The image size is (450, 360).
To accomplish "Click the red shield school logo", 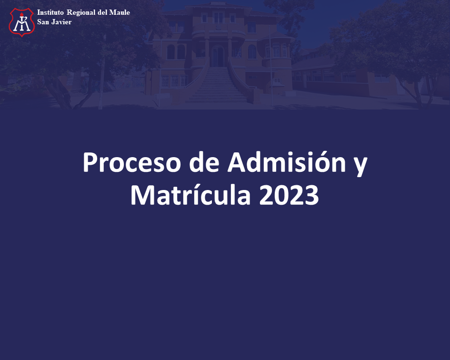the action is click(x=22, y=22).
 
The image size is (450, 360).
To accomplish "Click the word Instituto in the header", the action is click(x=50, y=12).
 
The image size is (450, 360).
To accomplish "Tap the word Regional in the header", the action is click(x=81, y=13).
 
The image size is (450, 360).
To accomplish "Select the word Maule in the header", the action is click(x=120, y=12).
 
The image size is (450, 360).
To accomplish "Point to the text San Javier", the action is click(x=54, y=22).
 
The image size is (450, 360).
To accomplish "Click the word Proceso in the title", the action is click(x=132, y=162).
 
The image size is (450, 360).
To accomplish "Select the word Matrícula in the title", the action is click(x=190, y=194).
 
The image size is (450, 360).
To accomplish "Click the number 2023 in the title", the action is click(x=289, y=195).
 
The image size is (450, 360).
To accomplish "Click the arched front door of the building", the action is click(x=218, y=56).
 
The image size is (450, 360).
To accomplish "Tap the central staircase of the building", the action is click(x=217, y=85).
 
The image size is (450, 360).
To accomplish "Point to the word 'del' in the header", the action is click(x=102, y=12).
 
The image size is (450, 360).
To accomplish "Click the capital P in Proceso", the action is click(x=90, y=162).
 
